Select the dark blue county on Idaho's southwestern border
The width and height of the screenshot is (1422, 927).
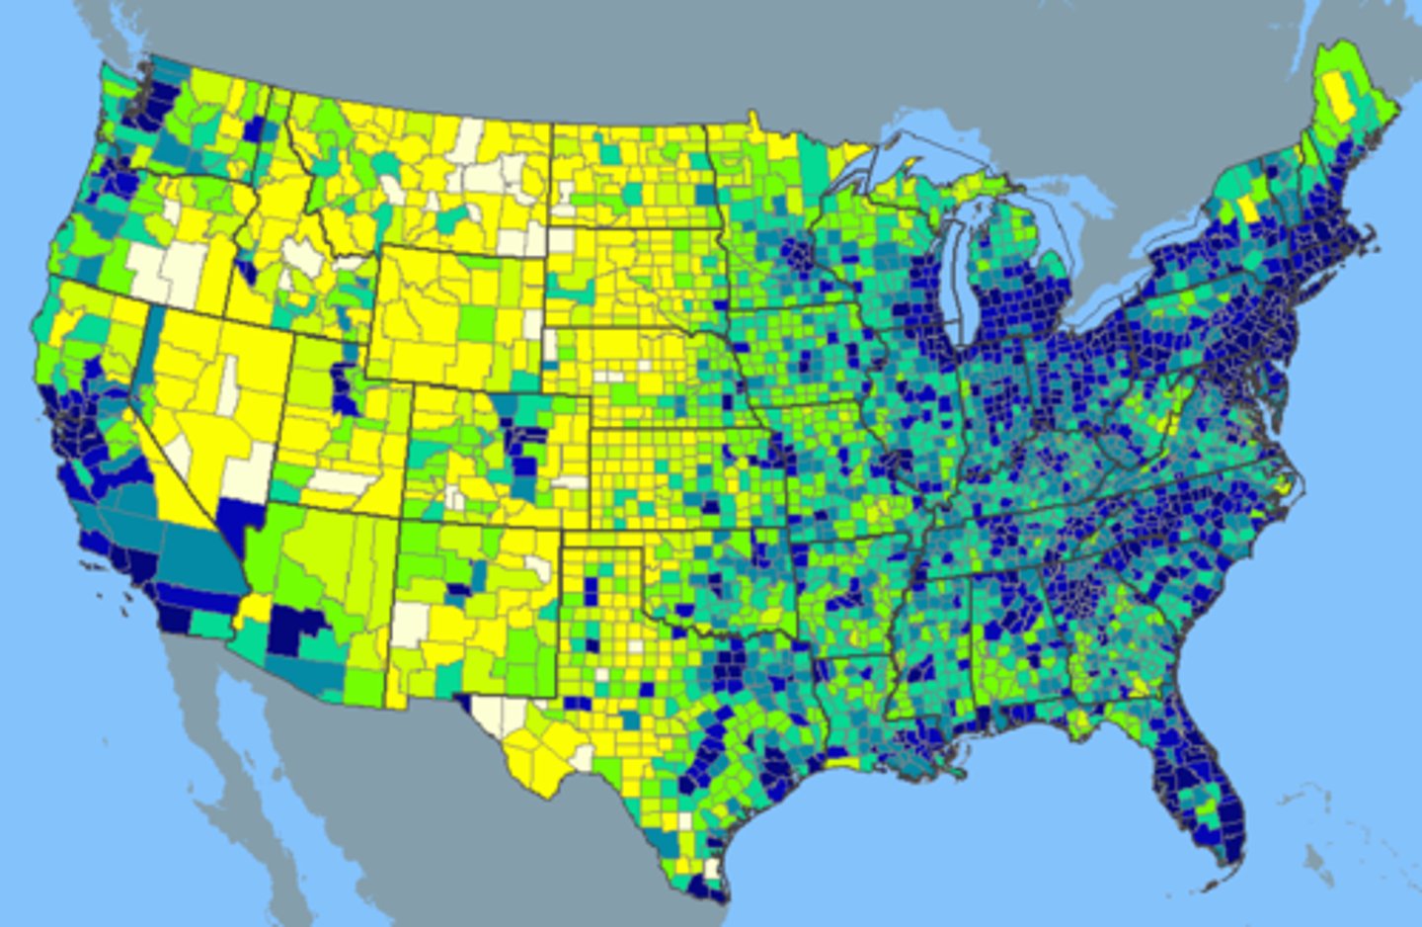[244, 268]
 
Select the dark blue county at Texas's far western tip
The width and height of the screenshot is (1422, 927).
[464, 703]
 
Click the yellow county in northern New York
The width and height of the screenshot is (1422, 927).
[1250, 209]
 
